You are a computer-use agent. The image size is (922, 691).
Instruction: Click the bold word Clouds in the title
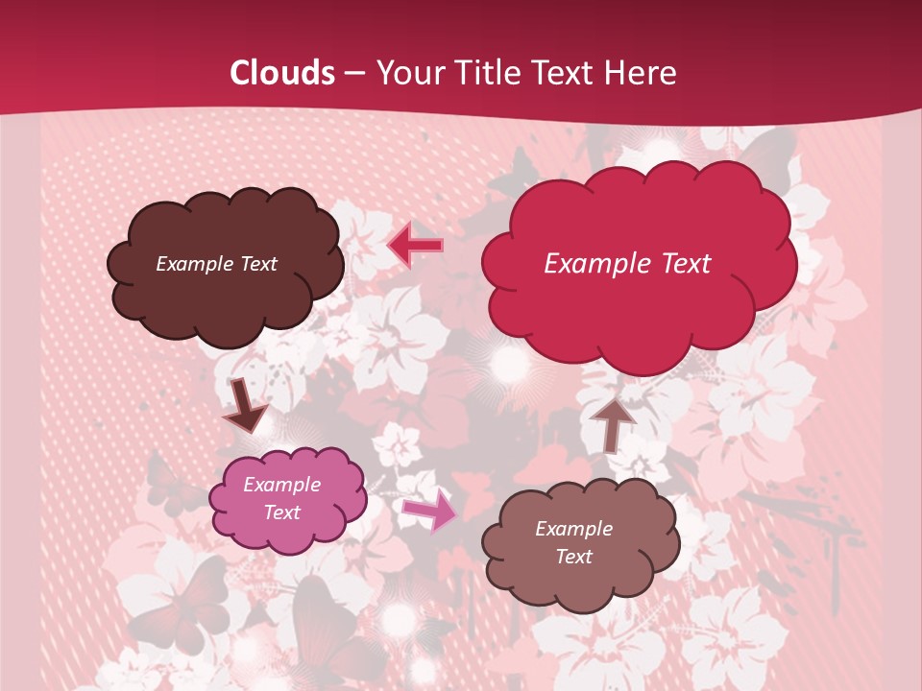click(281, 73)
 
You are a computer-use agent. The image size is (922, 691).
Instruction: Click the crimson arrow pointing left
click(415, 246)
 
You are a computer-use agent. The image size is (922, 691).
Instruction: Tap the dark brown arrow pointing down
click(244, 405)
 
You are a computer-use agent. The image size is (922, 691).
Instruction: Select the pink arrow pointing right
click(430, 511)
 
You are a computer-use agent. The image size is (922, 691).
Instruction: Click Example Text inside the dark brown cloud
click(216, 264)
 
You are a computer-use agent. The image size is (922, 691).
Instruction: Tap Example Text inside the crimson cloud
click(627, 264)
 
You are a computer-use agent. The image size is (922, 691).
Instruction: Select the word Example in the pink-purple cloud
click(281, 485)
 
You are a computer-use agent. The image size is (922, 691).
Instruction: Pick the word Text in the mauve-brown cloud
click(573, 557)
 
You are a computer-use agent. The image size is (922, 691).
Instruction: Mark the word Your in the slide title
click(406, 73)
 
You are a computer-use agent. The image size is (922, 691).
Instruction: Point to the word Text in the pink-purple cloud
click(281, 512)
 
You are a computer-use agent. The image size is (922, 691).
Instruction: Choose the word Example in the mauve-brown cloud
click(573, 529)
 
